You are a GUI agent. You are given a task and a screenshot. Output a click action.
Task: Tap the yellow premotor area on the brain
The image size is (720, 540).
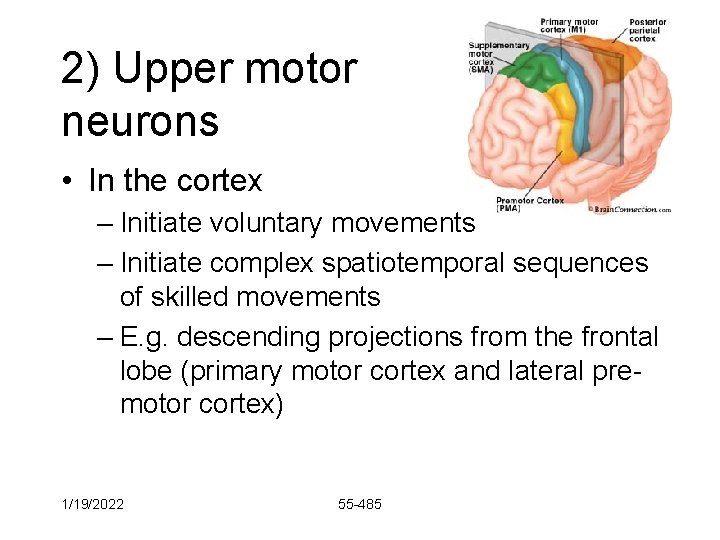[x=564, y=111]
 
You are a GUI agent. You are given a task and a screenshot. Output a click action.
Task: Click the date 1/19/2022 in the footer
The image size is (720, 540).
[x=93, y=504]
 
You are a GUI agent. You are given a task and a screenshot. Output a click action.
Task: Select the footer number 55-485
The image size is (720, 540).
[x=360, y=504]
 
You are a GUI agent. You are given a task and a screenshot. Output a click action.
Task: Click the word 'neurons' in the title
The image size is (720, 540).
[x=140, y=122]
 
